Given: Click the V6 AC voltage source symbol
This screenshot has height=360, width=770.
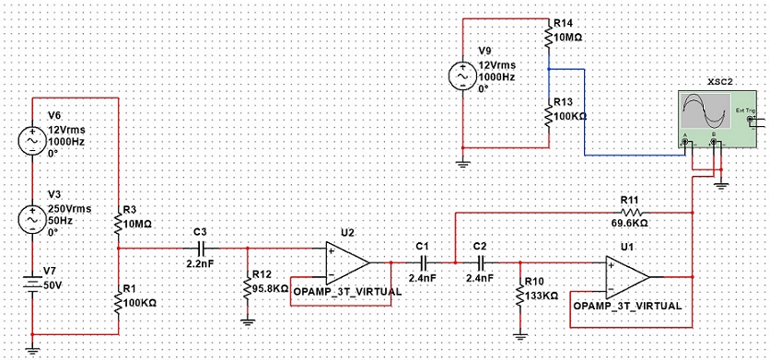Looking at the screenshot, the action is pyautogui.click(x=32, y=141).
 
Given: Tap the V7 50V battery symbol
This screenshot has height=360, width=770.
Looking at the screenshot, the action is pyautogui.click(x=32, y=285).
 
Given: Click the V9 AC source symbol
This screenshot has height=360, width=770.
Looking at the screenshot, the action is pyautogui.click(x=462, y=76).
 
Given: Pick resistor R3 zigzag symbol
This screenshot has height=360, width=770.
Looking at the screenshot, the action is pyautogui.click(x=118, y=222).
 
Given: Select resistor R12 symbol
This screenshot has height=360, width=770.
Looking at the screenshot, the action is pyautogui.click(x=248, y=288).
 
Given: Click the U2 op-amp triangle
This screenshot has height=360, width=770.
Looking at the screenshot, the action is pyautogui.click(x=347, y=262).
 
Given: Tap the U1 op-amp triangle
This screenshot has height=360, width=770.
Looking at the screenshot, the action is pyautogui.click(x=627, y=277).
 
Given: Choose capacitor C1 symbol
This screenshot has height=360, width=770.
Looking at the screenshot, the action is pyautogui.click(x=423, y=262).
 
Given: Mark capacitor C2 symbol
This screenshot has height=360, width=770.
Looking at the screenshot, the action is pyautogui.click(x=480, y=262).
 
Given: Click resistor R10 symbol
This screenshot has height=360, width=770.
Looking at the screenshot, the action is pyautogui.click(x=519, y=296).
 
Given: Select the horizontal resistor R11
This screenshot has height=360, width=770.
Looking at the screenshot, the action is pyautogui.click(x=633, y=213).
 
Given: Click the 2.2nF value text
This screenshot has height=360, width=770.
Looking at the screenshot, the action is pyautogui.click(x=201, y=263).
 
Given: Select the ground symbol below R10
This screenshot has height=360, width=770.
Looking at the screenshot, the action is pyautogui.click(x=519, y=337).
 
